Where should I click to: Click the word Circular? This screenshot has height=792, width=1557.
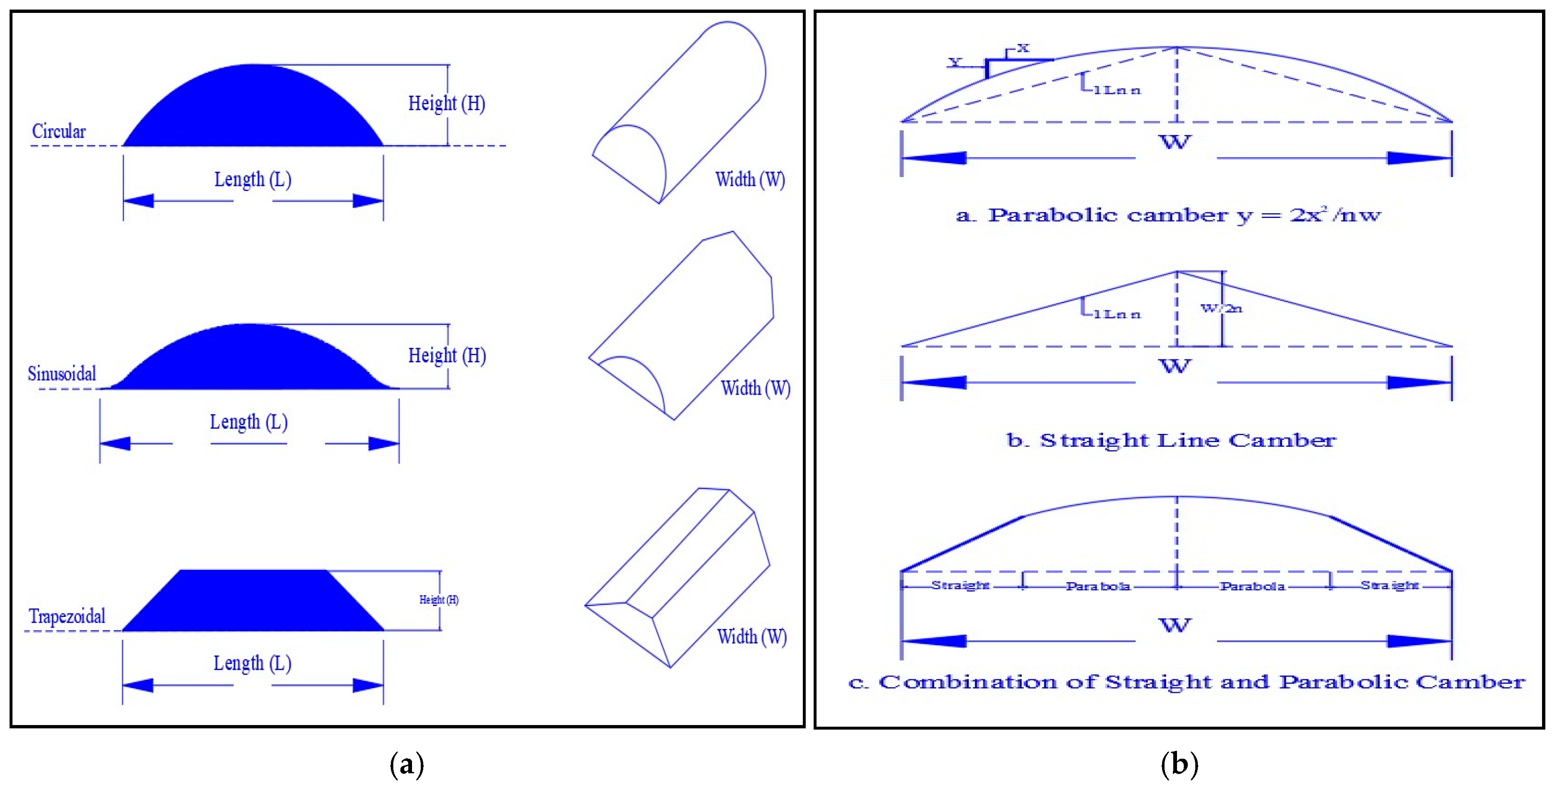tap(59, 131)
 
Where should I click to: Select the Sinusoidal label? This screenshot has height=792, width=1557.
tap(62, 374)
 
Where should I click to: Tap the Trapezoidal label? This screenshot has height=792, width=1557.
tap(67, 616)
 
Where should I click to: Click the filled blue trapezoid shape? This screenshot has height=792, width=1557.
tap(253, 601)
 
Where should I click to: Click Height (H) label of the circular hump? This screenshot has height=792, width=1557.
tap(447, 104)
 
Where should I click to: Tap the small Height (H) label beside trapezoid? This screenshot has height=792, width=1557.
tap(439, 600)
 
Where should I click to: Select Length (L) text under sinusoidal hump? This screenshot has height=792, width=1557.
tap(249, 422)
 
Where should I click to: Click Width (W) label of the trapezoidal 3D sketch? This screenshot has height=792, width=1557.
tap(752, 636)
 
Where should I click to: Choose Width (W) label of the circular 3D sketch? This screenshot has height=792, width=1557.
tap(750, 180)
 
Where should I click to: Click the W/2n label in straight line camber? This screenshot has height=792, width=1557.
tap(1221, 308)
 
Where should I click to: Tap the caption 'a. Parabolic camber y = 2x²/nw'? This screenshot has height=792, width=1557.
tap(1168, 215)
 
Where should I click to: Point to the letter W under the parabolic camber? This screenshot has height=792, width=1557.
tap(1175, 143)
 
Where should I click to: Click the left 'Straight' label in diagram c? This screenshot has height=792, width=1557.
tap(960, 585)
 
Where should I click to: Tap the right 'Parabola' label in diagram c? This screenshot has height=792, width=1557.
tap(1252, 586)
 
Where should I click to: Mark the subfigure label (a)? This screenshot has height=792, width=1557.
tap(407, 765)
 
